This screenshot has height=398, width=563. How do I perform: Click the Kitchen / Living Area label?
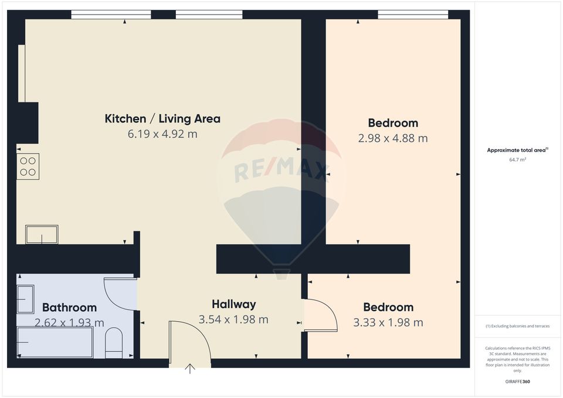[162, 119]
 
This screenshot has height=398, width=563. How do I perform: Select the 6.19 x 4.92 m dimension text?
[162, 134]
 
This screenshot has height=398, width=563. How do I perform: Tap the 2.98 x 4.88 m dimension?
[393, 138]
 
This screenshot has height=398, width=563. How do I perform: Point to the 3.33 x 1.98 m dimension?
[388, 322]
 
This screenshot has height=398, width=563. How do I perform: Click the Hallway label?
[233, 304]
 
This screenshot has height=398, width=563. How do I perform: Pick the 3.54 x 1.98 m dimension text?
[233, 319]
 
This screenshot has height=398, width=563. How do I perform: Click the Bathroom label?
[69, 307]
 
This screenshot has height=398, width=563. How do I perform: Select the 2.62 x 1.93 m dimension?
[69, 322]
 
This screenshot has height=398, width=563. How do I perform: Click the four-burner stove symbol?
[28, 166]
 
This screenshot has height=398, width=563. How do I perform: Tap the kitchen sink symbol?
[42, 234]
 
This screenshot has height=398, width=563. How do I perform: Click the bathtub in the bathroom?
[55, 342]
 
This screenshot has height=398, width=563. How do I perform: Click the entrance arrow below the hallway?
[190, 369]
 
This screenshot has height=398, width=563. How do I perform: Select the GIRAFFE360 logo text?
[517, 382]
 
